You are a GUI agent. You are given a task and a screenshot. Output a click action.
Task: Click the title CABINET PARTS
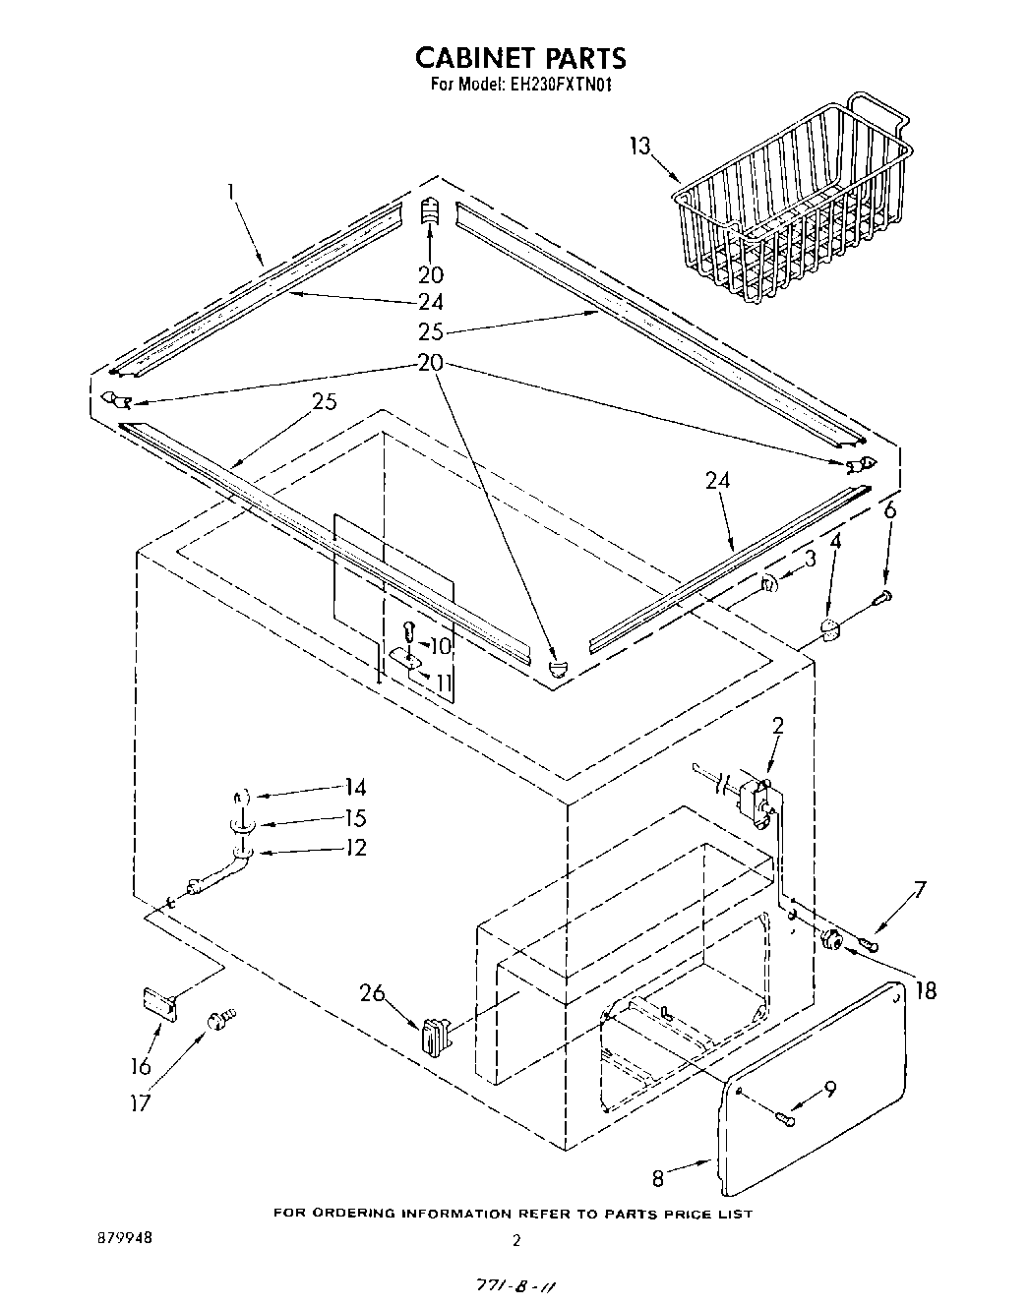[519, 57]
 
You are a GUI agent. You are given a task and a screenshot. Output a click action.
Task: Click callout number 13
[639, 147]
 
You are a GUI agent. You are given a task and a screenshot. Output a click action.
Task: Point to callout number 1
[232, 191]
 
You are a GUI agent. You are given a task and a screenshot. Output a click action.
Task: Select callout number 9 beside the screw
[830, 1089]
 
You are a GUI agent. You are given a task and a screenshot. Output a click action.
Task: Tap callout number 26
[372, 993]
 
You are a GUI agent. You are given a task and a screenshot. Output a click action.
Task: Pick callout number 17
[141, 1102]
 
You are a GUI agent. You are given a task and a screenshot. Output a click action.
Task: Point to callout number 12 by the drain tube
[354, 848]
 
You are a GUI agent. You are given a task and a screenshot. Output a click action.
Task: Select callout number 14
[354, 788]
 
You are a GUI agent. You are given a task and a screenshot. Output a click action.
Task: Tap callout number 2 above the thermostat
[777, 727]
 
